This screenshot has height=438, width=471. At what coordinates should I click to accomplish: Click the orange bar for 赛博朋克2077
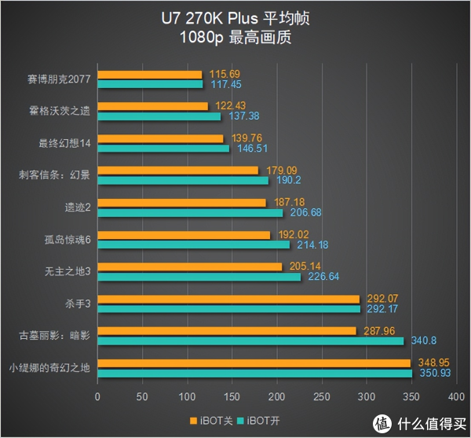[x=148, y=75]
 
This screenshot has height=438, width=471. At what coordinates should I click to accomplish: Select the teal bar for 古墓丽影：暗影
[x=250, y=340]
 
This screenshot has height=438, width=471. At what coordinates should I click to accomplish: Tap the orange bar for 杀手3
[x=228, y=299]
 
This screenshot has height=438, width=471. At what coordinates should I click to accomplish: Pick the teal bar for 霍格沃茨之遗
[x=158, y=116]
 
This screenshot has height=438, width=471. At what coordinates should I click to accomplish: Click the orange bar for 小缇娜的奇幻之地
[x=253, y=363]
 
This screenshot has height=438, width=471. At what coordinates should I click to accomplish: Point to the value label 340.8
[x=424, y=340]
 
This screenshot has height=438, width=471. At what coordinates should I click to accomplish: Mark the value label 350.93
[x=433, y=373]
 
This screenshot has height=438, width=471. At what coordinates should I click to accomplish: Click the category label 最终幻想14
[x=64, y=143]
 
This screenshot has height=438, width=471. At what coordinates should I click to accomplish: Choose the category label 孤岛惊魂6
[x=68, y=240]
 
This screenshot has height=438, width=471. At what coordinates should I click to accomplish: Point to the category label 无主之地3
[x=68, y=271]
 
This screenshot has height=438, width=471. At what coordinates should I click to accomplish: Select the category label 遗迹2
[x=78, y=208]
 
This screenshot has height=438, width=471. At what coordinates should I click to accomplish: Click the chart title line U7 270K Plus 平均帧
[x=235, y=19]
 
